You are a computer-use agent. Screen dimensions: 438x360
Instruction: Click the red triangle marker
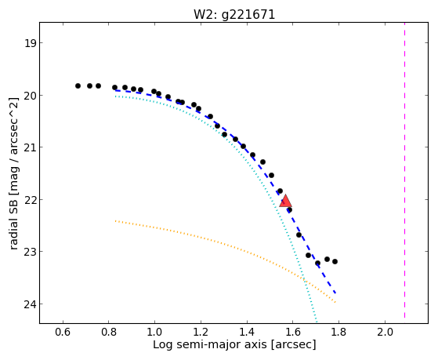point(285,202)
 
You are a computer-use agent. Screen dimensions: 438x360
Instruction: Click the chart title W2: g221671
point(234,15)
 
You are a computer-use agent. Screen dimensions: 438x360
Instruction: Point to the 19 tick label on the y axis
point(30,43)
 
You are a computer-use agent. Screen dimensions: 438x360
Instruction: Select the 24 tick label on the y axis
point(30,304)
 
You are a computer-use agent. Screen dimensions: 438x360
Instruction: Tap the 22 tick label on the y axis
point(30,200)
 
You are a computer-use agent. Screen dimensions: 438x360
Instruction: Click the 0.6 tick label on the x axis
point(63,332)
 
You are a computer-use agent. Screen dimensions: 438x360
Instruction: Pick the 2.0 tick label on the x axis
point(385,332)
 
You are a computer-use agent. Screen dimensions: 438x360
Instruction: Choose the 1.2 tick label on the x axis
point(201,332)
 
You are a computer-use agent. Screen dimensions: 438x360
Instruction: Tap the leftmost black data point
point(78,85)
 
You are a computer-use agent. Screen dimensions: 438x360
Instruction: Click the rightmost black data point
point(335,261)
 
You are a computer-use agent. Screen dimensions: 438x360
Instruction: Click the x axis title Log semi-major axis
point(209,344)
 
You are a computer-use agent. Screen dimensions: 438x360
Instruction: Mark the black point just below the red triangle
point(289,209)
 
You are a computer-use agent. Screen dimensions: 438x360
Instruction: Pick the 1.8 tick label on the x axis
point(338,332)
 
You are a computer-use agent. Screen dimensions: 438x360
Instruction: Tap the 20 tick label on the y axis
point(30,96)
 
